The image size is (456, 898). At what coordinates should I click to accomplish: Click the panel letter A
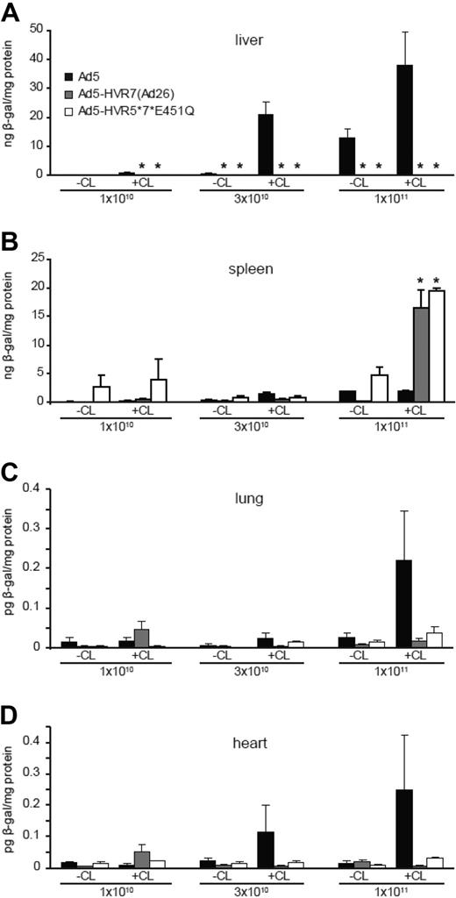(x=11, y=11)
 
